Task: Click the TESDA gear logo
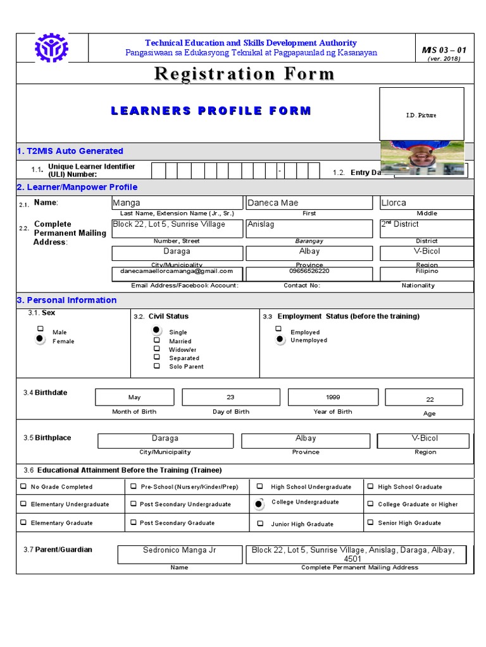click(52, 49)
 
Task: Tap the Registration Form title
click(244, 74)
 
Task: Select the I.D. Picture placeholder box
click(421, 114)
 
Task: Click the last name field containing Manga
click(177, 203)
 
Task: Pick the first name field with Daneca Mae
click(309, 203)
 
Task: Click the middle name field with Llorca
click(426, 203)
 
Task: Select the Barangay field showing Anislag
click(309, 229)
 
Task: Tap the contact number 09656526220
click(309, 271)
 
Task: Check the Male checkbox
click(40, 329)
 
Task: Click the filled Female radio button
click(40, 339)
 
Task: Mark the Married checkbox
click(156, 339)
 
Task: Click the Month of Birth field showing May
click(135, 397)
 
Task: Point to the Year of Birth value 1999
click(333, 397)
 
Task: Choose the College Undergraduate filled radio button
click(259, 504)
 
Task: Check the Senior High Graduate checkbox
click(370, 523)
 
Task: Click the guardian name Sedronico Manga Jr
click(179, 550)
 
